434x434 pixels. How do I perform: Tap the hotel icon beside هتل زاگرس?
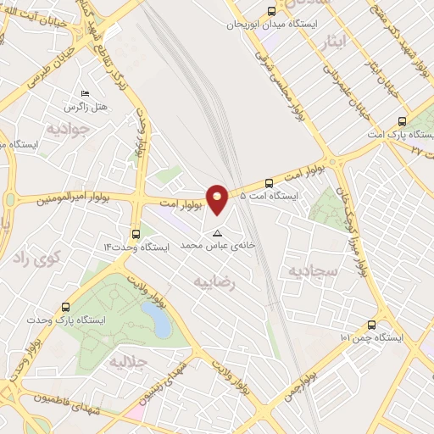click(83, 93)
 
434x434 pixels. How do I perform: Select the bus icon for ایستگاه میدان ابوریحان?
click(271, 12)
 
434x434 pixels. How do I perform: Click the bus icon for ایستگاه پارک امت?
click(402, 121)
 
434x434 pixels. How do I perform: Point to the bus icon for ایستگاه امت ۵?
click(269, 182)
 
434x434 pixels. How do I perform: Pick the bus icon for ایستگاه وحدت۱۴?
click(136, 234)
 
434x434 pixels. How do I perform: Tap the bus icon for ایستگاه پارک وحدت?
click(66, 307)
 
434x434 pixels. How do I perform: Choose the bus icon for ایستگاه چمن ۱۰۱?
click(371, 324)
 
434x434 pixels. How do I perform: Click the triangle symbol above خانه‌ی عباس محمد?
click(218, 231)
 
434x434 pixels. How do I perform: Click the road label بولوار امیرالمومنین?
click(74, 200)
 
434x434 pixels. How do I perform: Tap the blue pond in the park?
click(155, 320)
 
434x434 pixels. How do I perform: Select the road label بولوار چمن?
click(301, 383)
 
